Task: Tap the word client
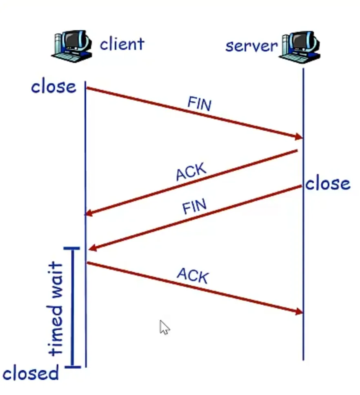122,43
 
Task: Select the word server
251,45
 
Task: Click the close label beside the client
53,87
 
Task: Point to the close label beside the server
328,184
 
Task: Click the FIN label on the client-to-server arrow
199,104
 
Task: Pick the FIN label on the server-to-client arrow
194,207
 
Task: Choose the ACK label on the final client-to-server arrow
193,276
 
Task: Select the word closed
31,373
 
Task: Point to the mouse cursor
164,327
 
